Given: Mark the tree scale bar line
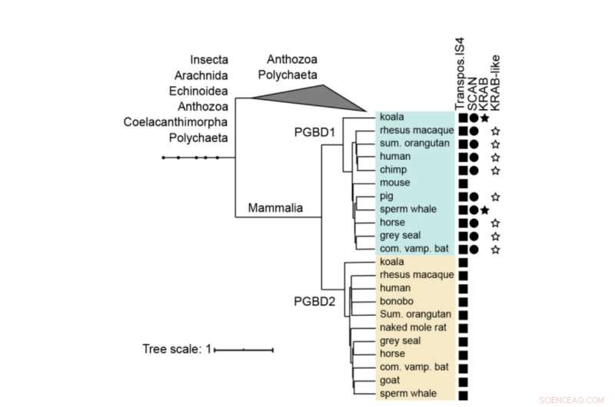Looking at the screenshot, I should click(244, 350).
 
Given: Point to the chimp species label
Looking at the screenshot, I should click(394, 170).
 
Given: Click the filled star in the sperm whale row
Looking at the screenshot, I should click(484, 210).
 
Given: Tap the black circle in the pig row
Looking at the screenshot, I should click(474, 197).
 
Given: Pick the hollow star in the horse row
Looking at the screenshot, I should click(497, 223).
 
